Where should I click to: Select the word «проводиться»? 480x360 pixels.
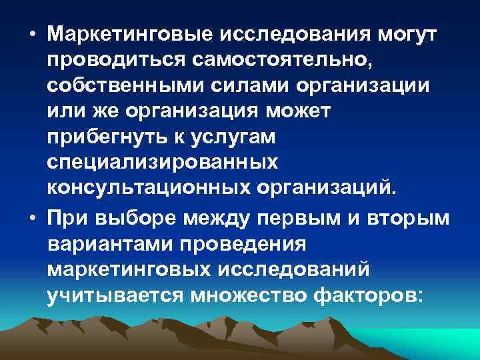pyautogui.click(x=118, y=61)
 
